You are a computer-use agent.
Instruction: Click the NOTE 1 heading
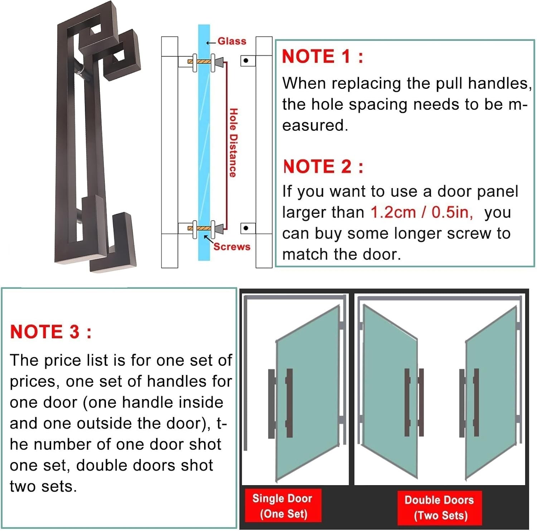[322, 57]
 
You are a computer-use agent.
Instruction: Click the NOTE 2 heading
[323, 167]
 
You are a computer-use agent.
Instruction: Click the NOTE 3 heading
[50, 332]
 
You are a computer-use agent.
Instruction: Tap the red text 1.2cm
[393, 212]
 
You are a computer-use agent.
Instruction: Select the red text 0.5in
[452, 212]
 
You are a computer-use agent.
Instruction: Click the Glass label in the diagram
[232, 42]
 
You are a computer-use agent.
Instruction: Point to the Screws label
[232, 247]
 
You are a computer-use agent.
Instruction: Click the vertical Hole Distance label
[233, 143]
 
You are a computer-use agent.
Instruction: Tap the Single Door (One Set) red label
[282, 506]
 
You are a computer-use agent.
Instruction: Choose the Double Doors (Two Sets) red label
[439, 508]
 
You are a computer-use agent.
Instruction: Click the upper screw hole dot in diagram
[246, 61]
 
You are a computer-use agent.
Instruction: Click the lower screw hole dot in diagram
[246, 228]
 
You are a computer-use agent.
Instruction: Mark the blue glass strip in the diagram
[204, 143]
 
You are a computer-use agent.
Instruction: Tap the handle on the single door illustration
[289, 403]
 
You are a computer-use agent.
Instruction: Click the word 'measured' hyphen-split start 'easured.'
[315, 125]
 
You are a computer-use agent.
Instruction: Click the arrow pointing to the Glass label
[211, 42]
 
